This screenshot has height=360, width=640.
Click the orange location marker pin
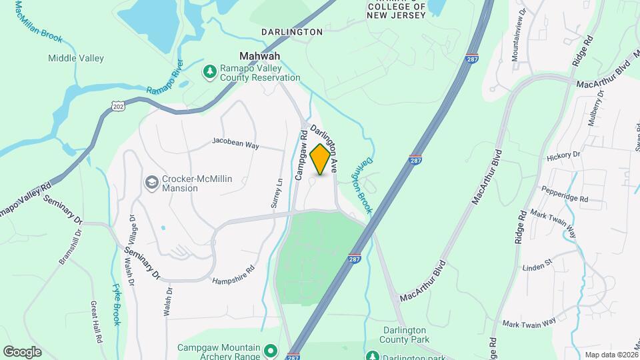321,159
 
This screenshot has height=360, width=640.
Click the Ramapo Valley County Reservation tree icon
211,71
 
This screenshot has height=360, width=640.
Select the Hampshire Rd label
233,275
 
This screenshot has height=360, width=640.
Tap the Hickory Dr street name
563,155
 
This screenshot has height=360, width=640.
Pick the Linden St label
537,264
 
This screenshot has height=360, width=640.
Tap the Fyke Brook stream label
116,304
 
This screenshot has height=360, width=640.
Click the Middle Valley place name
76,59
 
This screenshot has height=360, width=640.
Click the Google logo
22,351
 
